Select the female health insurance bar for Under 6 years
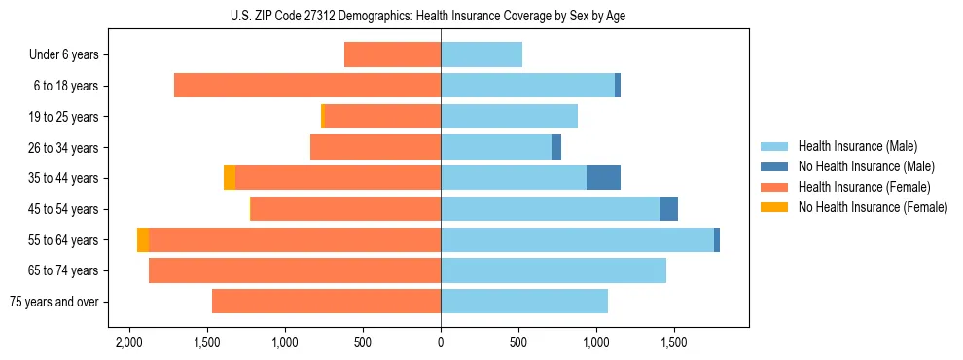(x=392, y=54)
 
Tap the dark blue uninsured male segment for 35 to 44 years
(x=603, y=178)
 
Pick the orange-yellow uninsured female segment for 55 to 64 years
(x=143, y=239)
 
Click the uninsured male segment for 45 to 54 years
(x=668, y=209)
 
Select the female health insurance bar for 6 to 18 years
(x=307, y=86)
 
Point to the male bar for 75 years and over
(x=523, y=302)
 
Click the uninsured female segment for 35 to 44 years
(x=230, y=178)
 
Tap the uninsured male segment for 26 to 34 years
(x=556, y=147)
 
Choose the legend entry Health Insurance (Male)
(x=857, y=147)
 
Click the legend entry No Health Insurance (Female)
(x=873, y=207)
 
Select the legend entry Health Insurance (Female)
(x=864, y=187)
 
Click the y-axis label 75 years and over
(x=54, y=302)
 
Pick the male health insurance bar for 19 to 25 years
(x=509, y=117)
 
